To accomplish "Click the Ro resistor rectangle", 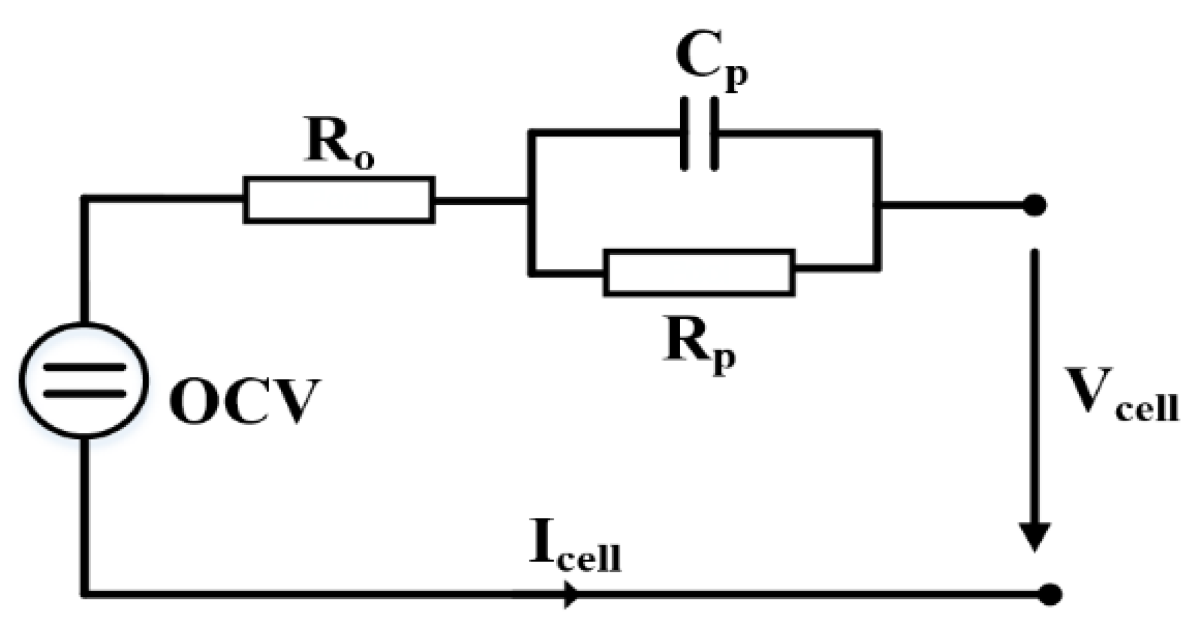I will [339, 200].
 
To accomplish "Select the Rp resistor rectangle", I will [699, 272].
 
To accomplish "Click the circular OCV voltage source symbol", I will [84, 380].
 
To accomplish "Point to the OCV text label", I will [244, 401].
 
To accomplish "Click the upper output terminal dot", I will [1035, 205].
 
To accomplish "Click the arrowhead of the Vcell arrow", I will [1035, 536].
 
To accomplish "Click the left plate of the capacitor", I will [685, 133].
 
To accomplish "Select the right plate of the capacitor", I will [714, 133].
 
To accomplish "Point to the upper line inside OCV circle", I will [84, 368].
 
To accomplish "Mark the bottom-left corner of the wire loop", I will [85, 594].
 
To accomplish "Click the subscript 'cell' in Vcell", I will [1147, 408].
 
